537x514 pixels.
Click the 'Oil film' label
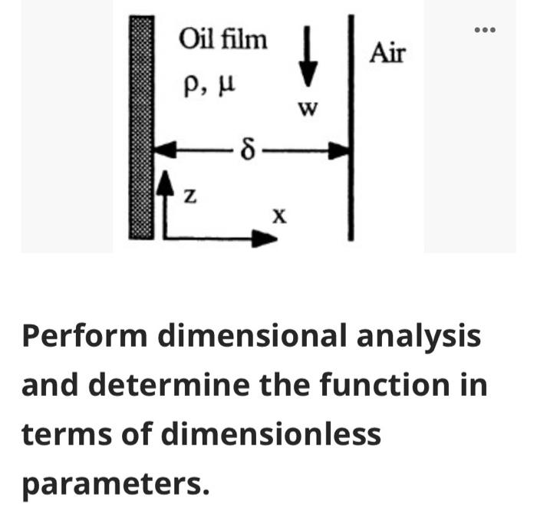pyautogui.click(x=223, y=39)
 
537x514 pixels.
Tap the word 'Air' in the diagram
pyautogui.click(x=387, y=53)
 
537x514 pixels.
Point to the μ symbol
pyautogui.click(x=226, y=86)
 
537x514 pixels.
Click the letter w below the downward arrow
pyautogui.click(x=308, y=109)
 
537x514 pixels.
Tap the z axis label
pyautogui.click(x=190, y=196)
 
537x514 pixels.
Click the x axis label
pyautogui.click(x=279, y=216)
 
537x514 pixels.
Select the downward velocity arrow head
pyautogui.click(x=308, y=74)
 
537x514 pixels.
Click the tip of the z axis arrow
pyautogui.click(x=166, y=171)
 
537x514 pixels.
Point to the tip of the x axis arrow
pyautogui.click(x=277, y=239)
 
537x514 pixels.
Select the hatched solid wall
pyautogui.click(x=141, y=127)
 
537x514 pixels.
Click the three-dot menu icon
pyautogui.click(x=485, y=30)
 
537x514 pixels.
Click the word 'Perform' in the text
pyautogui.click(x=84, y=337)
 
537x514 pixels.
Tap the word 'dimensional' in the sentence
pyautogui.click(x=252, y=336)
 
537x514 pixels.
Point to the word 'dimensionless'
pyautogui.click(x=271, y=434)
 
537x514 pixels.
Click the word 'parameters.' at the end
pyautogui.click(x=115, y=485)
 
